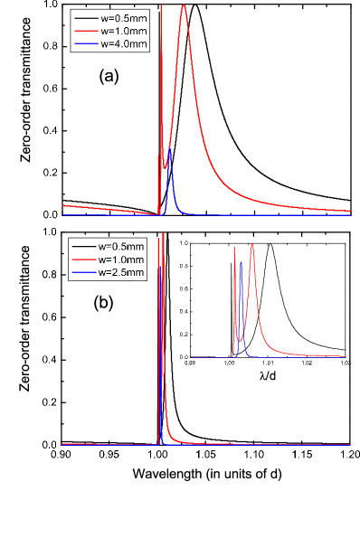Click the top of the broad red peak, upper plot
pos(185,5)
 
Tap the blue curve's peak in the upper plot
pos(170,148)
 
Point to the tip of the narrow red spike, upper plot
pos(161,5)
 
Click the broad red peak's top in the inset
pos(252,245)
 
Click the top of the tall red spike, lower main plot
pos(161,235)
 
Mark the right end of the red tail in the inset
pos(347,356)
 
